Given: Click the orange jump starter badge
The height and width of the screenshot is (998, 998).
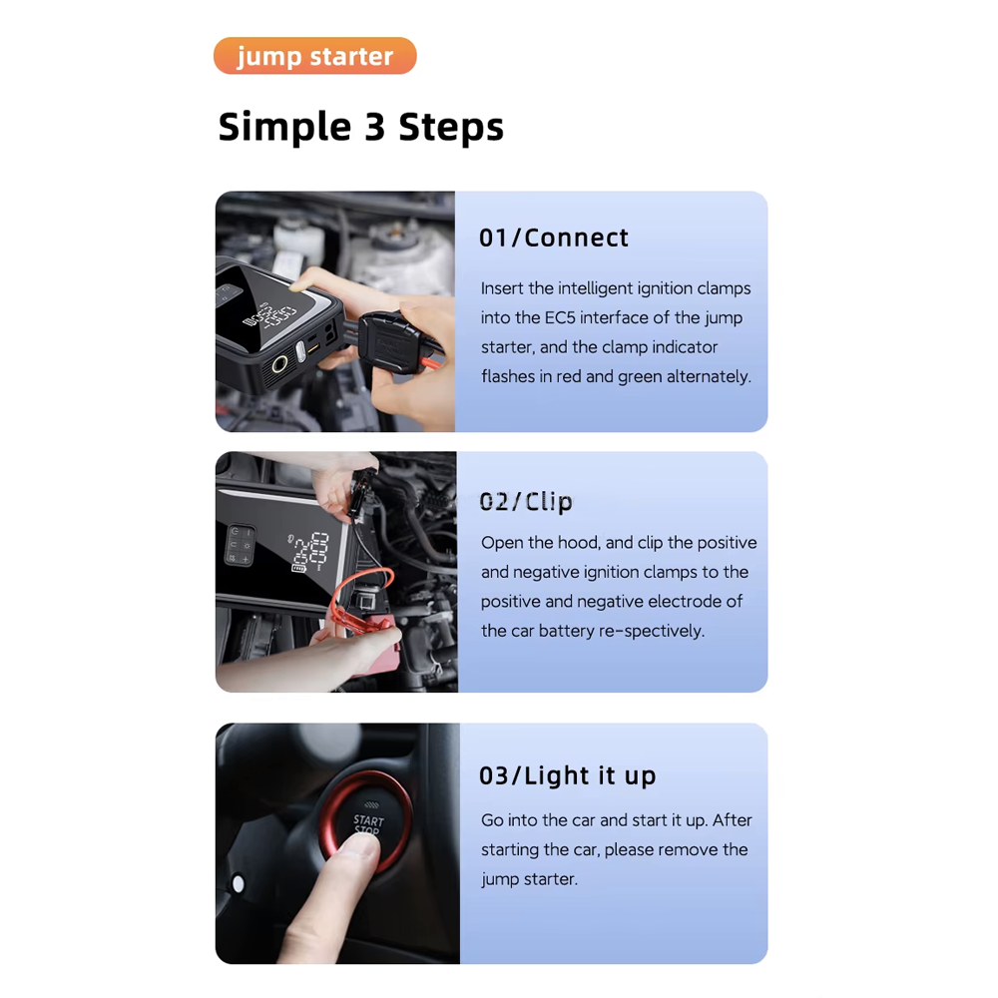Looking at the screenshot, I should [x=314, y=56].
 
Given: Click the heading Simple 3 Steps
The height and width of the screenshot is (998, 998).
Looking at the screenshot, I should [x=360, y=127].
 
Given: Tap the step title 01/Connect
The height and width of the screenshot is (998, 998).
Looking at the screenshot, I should [x=554, y=238].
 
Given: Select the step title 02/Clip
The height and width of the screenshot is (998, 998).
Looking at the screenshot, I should [x=526, y=501].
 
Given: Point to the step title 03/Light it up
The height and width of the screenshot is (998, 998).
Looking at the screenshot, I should [x=567, y=775].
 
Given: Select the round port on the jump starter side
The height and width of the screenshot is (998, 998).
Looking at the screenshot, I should [x=276, y=363].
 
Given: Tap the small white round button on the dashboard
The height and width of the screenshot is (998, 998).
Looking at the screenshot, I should [x=238, y=883].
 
